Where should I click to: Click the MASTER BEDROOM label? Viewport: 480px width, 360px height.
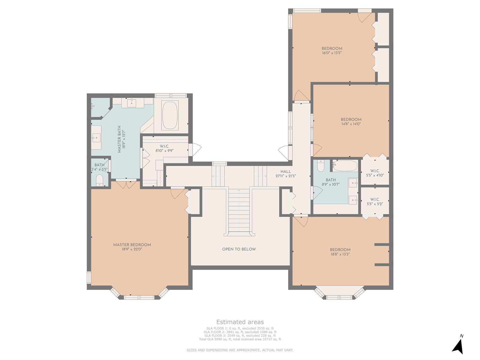pyautogui.click(x=132, y=245)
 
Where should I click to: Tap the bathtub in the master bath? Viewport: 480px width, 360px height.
pyautogui.click(x=170, y=115)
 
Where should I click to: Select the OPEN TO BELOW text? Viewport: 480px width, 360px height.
pyautogui.click(x=239, y=249)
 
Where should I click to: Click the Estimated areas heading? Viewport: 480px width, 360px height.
pyautogui.click(x=240, y=322)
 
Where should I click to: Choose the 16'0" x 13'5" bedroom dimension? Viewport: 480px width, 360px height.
pyautogui.click(x=332, y=53)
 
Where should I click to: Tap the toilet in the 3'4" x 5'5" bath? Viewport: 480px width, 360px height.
pyautogui.click(x=100, y=180)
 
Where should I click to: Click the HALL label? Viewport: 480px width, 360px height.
pyautogui.click(x=286, y=172)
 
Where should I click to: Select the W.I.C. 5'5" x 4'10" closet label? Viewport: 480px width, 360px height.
pyautogui.click(x=375, y=173)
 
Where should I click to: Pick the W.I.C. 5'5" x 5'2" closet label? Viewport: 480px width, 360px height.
pyautogui.click(x=375, y=202)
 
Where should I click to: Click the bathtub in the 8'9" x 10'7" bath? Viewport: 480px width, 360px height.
pyautogui.click(x=345, y=166)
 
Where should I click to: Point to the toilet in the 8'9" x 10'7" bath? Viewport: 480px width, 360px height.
pyautogui.click(x=321, y=166)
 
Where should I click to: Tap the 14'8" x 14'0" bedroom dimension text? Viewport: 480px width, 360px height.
pyautogui.click(x=351, y=124)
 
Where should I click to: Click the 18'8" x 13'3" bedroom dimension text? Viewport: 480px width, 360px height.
pyautogui.click(x=340, y=254)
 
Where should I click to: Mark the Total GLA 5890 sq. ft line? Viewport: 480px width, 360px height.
pyautogui.click(x=240, y=339)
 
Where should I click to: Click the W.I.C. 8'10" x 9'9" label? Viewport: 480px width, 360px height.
pyautogui.click(x=164, y=148)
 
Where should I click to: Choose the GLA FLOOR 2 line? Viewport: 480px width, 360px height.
pyautogui.click(x=240, y=332)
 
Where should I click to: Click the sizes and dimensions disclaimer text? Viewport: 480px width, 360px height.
pyautogui.click(x=240, y=350)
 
